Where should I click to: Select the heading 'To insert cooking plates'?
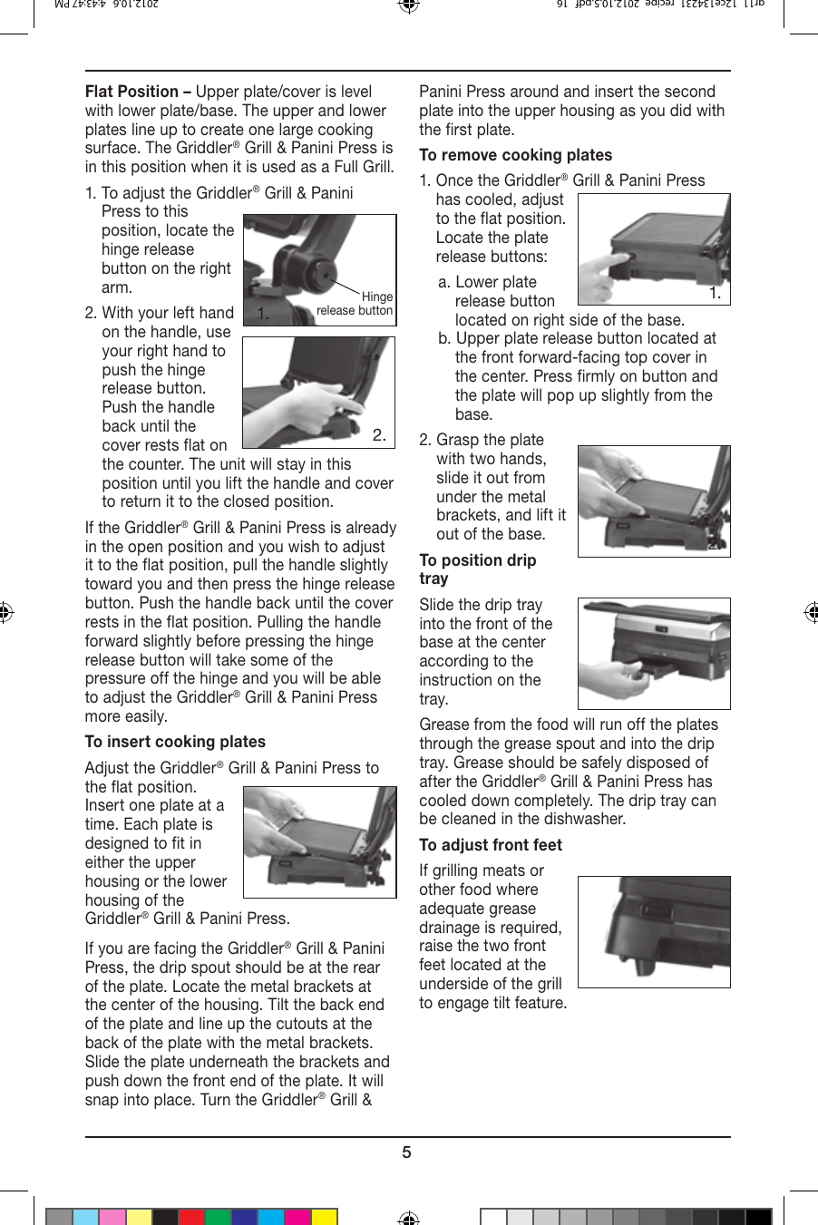[x=175, y=742]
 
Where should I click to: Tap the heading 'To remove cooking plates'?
[x=515, y=155]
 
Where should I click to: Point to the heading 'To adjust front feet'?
[x=491, y=845]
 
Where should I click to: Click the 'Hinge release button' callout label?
[x=355, y=304]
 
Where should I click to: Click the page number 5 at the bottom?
[x=407, y=1152]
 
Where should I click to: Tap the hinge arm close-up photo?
[x=319, y=269]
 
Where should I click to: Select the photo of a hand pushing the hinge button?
[x=318, y=392]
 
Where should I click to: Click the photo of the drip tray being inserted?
[x=654, y=653]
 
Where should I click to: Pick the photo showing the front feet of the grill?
[x=654, y=931]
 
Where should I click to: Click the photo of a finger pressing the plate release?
[x=654, y=248]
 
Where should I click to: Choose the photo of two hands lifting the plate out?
[x=654, y=501]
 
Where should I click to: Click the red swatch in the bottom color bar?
[x=191, y=1217]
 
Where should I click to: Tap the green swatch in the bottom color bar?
[x=218, y=1217]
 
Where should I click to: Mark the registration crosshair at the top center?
[x=408, y=6]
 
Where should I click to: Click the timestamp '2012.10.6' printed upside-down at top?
[x=131, y=5]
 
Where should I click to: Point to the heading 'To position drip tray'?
[x=477, y=569]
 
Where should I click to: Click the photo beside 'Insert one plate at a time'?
[x=319, y=841]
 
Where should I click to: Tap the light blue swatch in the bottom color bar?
[x=85, y=1217]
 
